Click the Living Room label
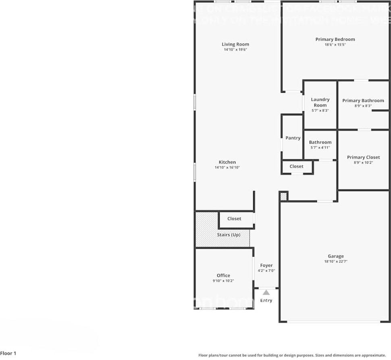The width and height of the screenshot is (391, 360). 235,44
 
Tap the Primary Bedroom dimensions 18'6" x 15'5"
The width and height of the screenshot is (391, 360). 335,45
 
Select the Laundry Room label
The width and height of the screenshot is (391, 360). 320,102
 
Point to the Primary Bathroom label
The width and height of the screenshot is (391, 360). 363,100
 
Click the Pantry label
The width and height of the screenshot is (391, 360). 293,138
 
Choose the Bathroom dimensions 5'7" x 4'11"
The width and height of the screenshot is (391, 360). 320,148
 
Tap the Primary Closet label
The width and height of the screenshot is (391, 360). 363,157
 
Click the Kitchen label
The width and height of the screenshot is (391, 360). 227,162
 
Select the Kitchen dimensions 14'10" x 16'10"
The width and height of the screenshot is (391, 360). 227,167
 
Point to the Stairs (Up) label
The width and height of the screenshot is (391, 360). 229,235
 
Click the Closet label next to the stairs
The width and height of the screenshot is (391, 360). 234,218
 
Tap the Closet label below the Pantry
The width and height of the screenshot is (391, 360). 296,166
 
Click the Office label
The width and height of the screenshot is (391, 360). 223,276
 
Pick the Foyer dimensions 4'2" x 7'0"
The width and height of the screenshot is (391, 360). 266,271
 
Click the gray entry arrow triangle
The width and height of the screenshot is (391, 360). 266,293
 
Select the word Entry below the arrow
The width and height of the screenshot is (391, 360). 266,300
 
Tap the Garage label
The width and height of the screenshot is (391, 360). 335,256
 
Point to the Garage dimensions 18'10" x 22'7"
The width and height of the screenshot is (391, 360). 335,261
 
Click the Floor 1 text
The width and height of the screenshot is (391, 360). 8,354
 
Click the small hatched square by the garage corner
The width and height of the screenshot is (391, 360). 283,196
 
